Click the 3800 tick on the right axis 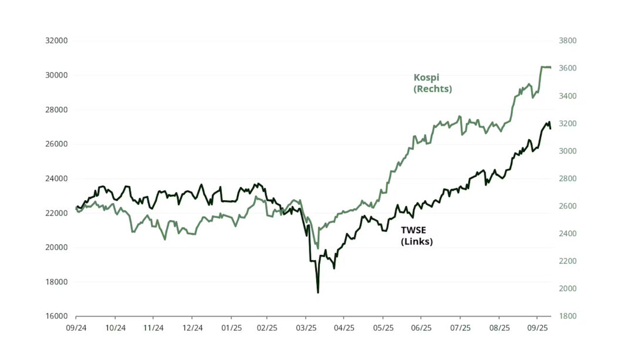(568, 41)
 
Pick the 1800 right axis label (568, 316)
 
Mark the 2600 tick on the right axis (568, 206)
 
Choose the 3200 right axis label (568, 124)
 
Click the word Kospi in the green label (426, 78)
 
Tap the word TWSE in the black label (414, 231)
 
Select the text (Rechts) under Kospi (433, 89)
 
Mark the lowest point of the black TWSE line (318, 292)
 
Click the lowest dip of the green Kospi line (318, 248)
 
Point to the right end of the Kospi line (550, 68)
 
